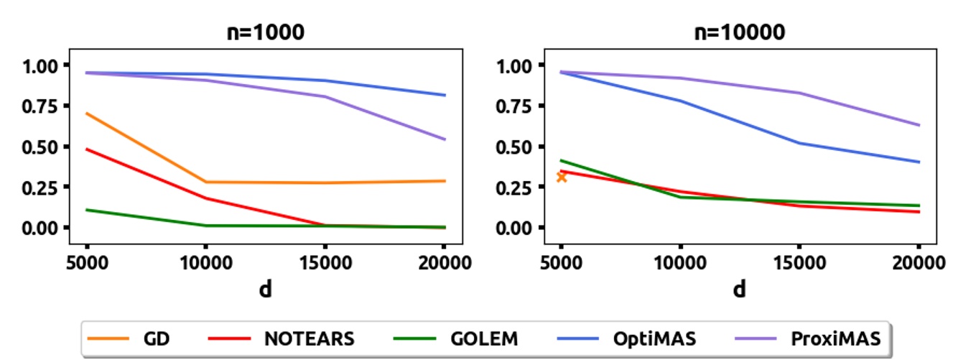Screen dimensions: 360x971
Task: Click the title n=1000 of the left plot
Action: click(265, 32)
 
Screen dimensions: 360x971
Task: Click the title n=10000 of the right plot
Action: click(739, 32)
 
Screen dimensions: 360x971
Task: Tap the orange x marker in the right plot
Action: click(562, 176)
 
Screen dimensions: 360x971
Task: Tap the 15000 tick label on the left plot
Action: click(325, 263)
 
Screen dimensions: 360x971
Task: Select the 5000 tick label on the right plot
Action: click(562, 263)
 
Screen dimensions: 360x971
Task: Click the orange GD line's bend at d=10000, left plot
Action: click(205, 182)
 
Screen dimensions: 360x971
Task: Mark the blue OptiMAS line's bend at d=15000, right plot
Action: click(799, 142)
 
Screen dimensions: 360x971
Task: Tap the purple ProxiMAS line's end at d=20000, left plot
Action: click(445, 139)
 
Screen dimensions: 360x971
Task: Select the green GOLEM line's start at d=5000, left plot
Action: click(87, 210)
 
